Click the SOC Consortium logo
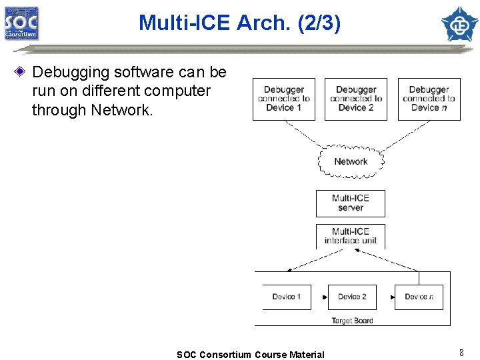(21, 23)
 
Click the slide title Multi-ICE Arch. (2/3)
(239, 23)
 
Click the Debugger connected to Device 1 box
(283, 99)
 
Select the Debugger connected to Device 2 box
(355, 99)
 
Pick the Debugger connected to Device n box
(429, 99)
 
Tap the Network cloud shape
(351, 161)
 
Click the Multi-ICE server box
(350, 203)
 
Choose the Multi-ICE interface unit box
(350, 236)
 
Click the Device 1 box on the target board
(286, 297)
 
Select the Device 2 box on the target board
(352, 297)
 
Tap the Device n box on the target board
(419, 297)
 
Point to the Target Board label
(352, 321)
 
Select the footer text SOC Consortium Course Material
(250, 355)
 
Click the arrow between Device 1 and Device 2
(320, 297)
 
